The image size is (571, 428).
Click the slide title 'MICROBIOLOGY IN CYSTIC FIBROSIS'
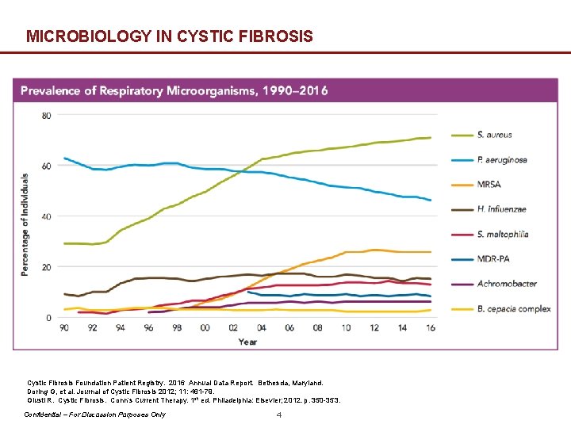(169, 36)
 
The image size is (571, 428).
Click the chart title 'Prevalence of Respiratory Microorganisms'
(174, 90)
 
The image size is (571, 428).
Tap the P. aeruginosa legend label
(502, 160)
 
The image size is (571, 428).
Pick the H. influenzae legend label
(502, 209)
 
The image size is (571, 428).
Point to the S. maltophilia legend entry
(503, 234)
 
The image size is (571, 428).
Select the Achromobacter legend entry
(506, 283)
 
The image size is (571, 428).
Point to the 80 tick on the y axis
(46, 115)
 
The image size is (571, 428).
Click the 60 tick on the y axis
(46, 166)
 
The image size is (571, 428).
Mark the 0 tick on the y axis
(48, 318)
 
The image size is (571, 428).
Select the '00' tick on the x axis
(205, 327)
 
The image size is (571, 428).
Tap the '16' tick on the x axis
(429, 327)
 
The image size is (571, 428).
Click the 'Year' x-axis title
(247, 342)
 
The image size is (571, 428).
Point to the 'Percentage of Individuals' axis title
(25, 224)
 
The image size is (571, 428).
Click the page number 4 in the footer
(278, 415)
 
